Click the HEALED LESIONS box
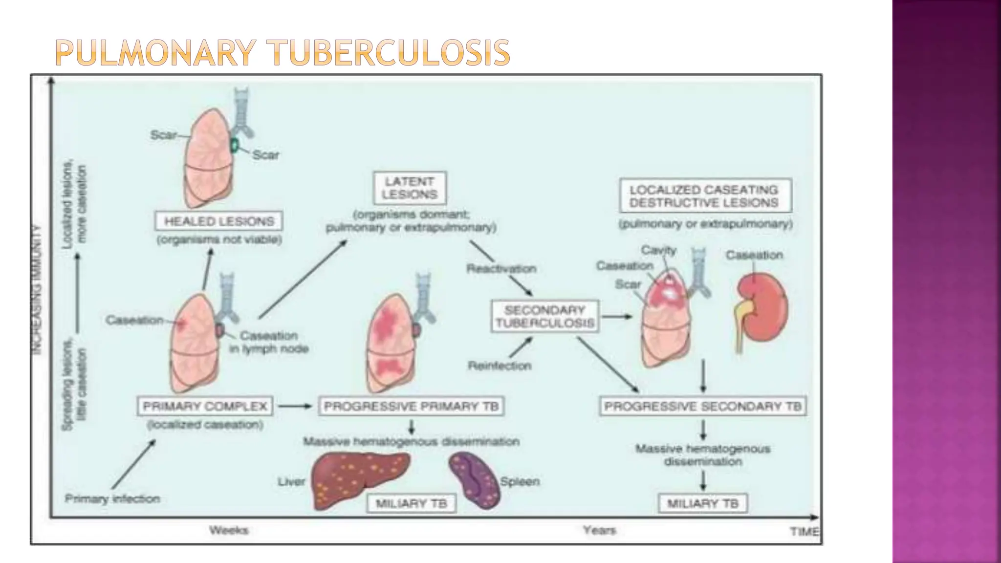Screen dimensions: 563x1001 218,221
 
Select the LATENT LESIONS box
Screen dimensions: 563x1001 410,188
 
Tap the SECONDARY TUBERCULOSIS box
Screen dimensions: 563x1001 544,317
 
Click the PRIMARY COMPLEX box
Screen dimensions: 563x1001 205,406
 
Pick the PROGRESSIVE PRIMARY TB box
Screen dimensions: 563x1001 411,406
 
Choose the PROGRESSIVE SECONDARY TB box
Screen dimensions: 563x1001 702,406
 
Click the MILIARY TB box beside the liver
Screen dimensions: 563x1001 411,504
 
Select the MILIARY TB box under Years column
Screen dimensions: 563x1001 702,504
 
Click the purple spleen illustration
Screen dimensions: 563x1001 474,480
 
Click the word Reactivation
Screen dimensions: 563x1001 501,268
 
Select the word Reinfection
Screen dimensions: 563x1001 499,366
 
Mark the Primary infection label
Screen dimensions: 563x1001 112,499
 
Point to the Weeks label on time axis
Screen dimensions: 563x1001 229,530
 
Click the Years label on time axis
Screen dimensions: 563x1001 599,530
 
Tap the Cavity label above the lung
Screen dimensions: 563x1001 658,250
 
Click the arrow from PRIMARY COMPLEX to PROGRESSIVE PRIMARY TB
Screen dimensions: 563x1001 295,406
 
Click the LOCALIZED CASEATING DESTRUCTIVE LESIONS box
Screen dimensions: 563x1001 704,196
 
